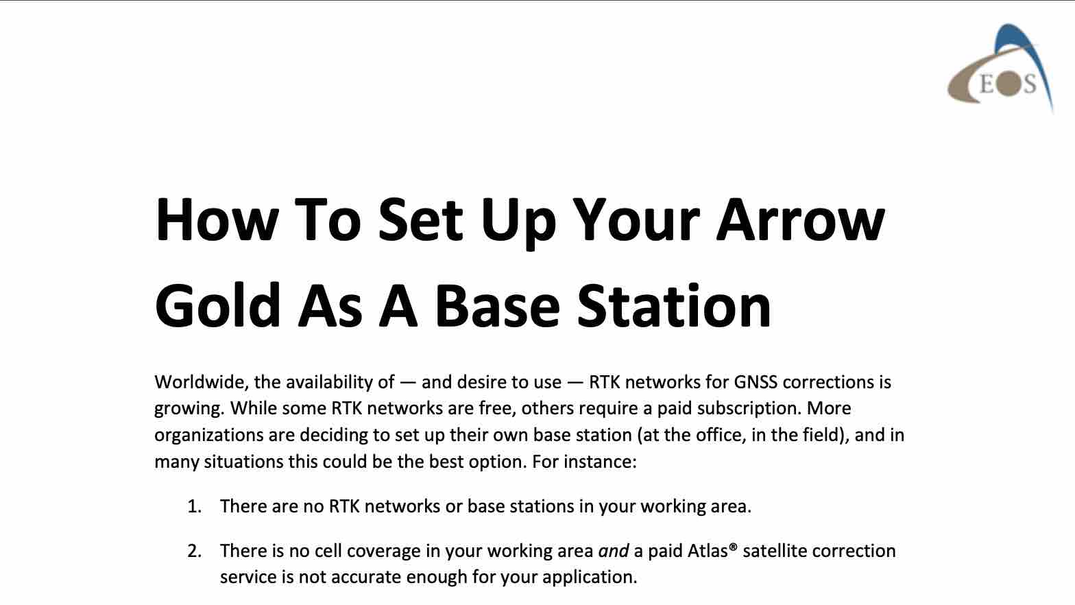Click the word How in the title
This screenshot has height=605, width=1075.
[x=217, y=220]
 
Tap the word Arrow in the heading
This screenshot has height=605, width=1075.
[x=801, y=220]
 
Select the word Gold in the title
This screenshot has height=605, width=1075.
[x=217, y=305]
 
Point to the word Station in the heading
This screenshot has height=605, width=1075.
[x=674, y=305]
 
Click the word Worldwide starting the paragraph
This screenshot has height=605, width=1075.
[x=202, y=382]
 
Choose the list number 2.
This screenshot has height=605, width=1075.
[x=194, y=551]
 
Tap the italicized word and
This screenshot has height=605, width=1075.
[x=614, y=551]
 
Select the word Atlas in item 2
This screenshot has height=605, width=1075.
[x=708, y=551]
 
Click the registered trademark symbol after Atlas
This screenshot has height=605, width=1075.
[x=733, y=547]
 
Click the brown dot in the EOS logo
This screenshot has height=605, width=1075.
[x=1007, y=86]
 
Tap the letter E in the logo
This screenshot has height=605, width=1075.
[x=987, y=85]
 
